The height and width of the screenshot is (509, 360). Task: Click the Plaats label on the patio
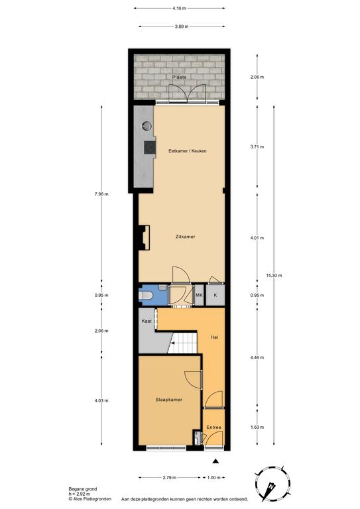179,77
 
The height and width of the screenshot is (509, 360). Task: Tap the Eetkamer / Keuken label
188,151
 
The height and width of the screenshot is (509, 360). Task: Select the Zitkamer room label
186,237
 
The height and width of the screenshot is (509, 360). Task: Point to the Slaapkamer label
169,400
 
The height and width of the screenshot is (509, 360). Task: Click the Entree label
213,427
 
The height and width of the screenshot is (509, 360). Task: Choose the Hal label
214,337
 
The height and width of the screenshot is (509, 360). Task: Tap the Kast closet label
147,321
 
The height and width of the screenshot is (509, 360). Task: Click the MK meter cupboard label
199,295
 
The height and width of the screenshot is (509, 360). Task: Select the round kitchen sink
147,125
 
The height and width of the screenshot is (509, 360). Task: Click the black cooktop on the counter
150,147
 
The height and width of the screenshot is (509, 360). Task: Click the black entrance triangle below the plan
215,461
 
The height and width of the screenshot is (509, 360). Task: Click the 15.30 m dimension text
274,276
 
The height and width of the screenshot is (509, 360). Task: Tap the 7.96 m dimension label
101,194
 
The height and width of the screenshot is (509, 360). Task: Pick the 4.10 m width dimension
179,9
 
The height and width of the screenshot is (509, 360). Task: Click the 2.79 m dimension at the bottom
170,477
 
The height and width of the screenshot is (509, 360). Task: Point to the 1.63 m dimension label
257,427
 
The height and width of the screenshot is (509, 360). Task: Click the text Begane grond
83,489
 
